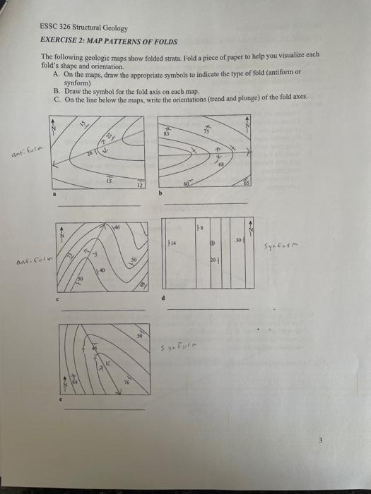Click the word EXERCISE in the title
tap(59, 40)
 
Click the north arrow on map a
tap(52, 130)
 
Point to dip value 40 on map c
tap(102, 270)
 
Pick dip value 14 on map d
tap(173, 243)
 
